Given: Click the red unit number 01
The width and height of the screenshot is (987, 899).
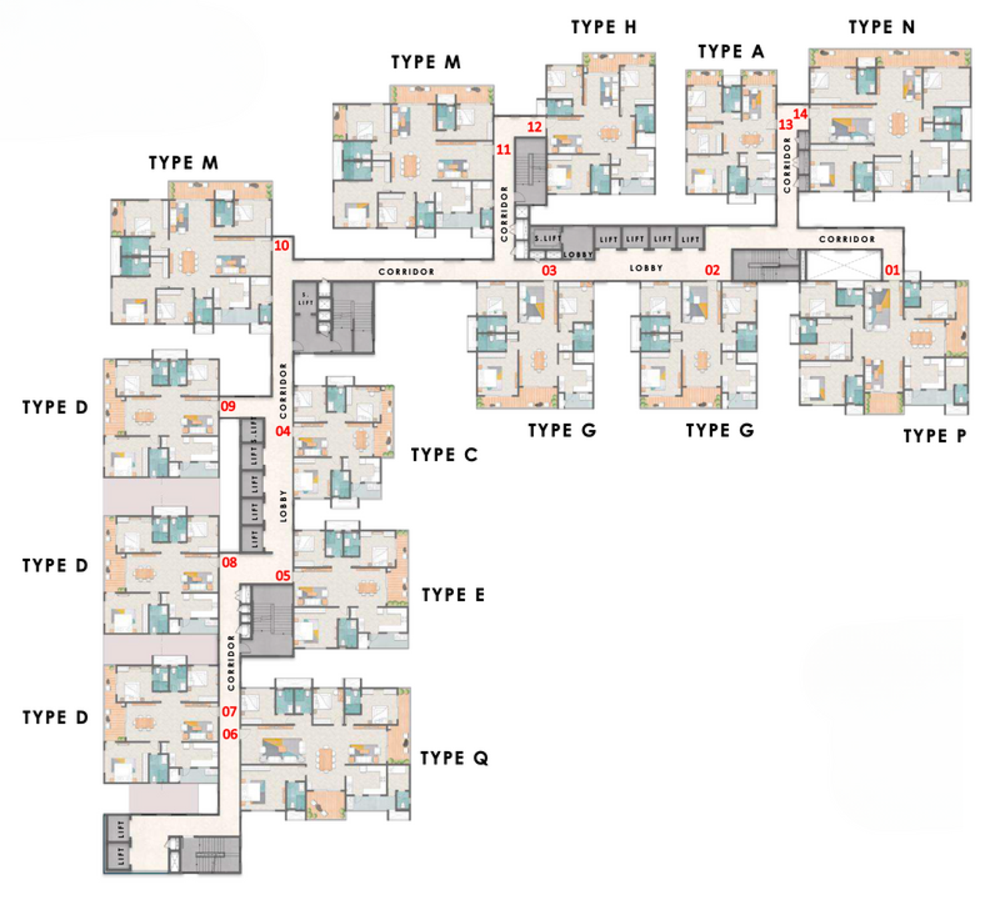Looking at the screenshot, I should click(x=892, y=270).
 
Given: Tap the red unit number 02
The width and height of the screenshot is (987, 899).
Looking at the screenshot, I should click(x=712, y=270).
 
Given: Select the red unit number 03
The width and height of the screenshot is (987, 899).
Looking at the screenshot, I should click(x=549, y=271).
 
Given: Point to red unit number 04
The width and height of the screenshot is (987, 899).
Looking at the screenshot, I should click(x=283, y=431).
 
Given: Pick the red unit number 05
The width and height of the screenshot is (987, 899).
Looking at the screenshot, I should click(x=283, y=576).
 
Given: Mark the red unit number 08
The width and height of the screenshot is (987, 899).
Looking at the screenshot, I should click(x=230, y=563).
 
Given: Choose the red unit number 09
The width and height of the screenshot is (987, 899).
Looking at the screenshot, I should click(x=228, y=407).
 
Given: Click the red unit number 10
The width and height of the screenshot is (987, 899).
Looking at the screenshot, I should click(x=282, y=246).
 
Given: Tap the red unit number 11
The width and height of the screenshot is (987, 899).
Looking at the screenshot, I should click(x=503, y=150).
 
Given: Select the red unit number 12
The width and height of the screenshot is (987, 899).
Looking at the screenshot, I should click(x=534, y=127).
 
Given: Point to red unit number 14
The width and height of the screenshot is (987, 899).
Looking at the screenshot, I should click(x=800, y=114).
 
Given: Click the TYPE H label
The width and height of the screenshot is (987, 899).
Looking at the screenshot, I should click(x=604, y=27).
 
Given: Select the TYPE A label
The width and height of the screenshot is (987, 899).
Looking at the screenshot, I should click(x=731, y=52).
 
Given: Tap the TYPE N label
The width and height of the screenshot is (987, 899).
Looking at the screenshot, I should click(x=881, y=27).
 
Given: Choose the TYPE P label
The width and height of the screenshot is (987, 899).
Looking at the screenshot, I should click(x=934, y=437).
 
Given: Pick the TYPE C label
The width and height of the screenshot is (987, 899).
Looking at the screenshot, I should click(x=444, y=455).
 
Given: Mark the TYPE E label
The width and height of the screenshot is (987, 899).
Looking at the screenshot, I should click(x=453, y=595).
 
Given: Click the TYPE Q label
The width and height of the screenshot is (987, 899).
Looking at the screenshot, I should click(x=454, y=758).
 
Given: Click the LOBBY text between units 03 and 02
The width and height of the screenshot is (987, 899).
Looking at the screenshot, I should click(x=646, y=268).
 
